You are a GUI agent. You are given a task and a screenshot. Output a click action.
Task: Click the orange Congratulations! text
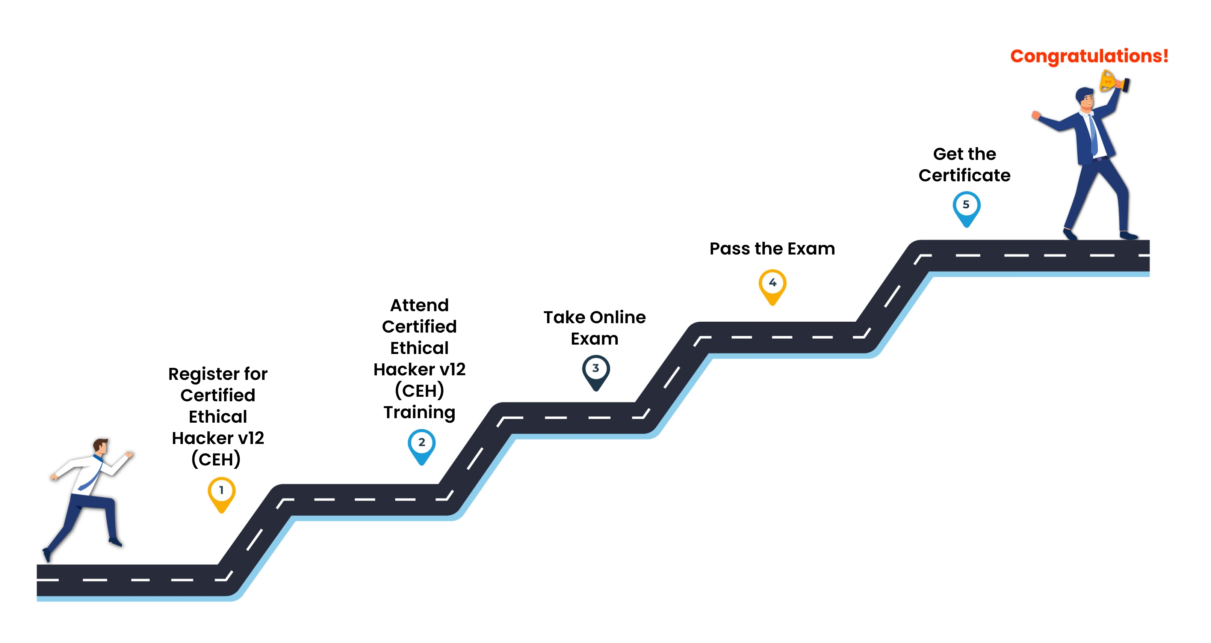pos(1089,56)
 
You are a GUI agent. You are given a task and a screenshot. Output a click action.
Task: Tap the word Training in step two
pos(419,413)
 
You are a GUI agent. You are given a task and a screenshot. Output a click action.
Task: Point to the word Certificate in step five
pos(964,176)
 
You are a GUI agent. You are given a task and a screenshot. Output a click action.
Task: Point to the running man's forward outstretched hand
pos(129,454)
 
